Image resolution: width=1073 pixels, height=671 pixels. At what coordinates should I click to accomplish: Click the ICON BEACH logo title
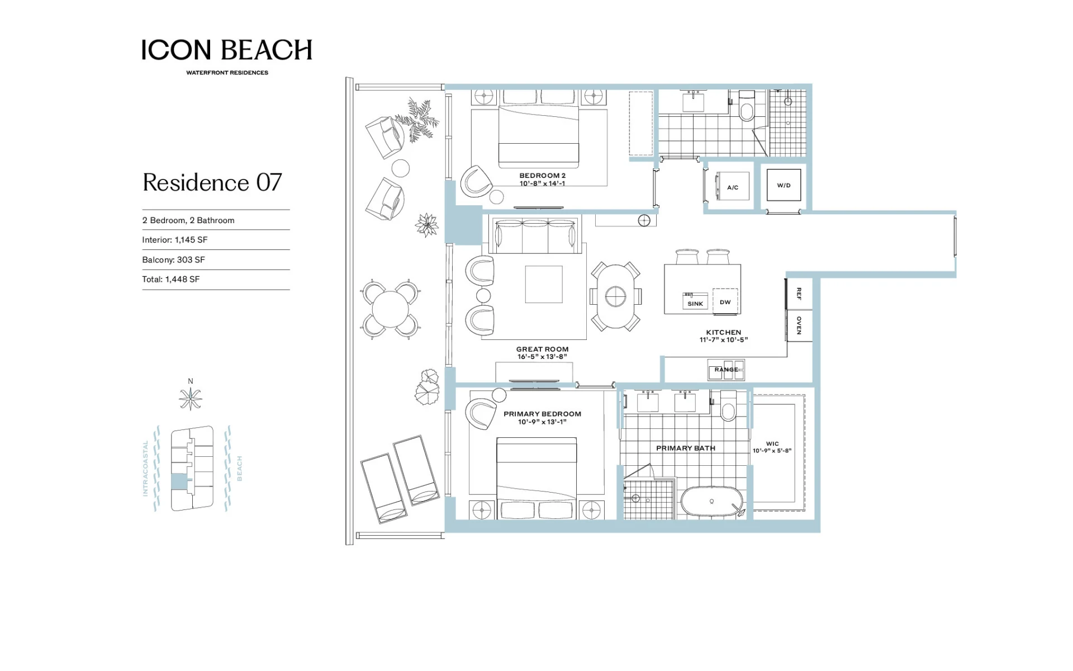tap(227, 50)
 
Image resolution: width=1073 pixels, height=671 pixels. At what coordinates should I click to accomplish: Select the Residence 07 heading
tap(212, 182)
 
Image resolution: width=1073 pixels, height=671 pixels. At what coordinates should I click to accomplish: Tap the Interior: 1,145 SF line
tap(174, 240)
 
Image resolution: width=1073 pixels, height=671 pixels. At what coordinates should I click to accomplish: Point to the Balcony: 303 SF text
tap(173, 259)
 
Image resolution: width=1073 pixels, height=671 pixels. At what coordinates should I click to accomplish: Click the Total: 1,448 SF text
tap(170, 279)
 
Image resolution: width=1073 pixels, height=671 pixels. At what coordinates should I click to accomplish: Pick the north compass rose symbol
tap(191, 399)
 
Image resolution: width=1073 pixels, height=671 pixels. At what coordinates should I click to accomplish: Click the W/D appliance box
tap(784, 185)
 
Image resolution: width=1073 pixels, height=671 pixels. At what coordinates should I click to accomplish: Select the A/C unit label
tap(733, 187)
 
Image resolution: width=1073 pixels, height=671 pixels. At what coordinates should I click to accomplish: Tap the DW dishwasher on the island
tap(725, 302)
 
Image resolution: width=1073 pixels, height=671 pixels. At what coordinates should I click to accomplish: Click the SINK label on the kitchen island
tap(695, 304)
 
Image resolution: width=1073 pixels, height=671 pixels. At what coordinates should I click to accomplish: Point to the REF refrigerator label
tap(799, 294)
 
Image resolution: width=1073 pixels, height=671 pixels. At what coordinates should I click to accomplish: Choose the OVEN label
tap(799, 325)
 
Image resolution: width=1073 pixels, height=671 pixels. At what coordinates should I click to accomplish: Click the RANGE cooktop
tap(726, 370)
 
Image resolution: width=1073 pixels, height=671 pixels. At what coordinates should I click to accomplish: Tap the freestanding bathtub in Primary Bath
tap(711, 502)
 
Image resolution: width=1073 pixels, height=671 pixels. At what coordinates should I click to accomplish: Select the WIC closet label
tap(772, 443)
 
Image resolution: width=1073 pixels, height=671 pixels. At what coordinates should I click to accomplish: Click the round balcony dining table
tap(391, 309)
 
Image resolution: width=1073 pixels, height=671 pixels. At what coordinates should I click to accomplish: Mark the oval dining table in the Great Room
tap(615, 296)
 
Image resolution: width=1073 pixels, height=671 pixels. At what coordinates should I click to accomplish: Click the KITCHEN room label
tap(724, 332)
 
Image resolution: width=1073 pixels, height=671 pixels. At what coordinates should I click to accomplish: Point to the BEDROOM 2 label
tap(542, 176)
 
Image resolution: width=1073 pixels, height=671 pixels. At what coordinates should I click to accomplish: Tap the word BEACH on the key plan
tap(240, 469)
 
